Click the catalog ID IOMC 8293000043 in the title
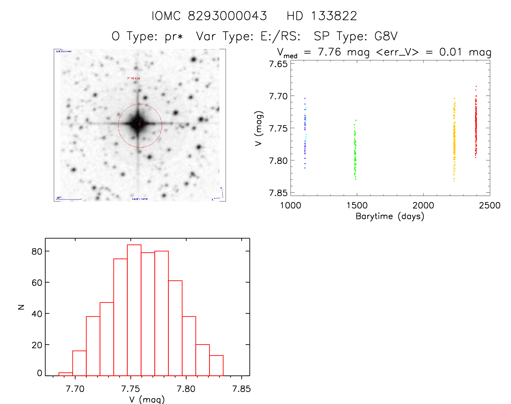pyautogui.click(x=209, y=16)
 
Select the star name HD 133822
pyautogui.click(x=322, y=16)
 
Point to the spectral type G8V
pyautogui.click(x=386, y=36)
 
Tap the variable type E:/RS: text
pyautogui.click(x=280, y=36)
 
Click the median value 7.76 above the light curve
pyautogui.click(x=329, y=52)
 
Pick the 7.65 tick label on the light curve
pyautogui.click(x=278, y=64)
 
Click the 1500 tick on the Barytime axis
pyautogui.click(x=357, y=206)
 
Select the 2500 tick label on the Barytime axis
pyautogui.click(x=489, y=206)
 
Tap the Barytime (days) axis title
pyautogui.click(x=390, y=216)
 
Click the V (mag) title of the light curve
pyautogui.click(x=259, y=128)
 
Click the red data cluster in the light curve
pyautogui.click(x=476, y=124)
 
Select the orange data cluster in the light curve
pyautogui.click(x=454, y=141)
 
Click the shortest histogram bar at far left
pyautogui.click(x=66, y=374)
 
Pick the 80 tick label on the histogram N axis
pyautogui.click(x=37, y=251)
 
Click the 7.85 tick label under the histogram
pyautogui.click(x=241, y=389)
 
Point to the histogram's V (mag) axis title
pyautogui.click(x=147, y=399)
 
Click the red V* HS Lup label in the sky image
pyautogui.click(x=134, y=78)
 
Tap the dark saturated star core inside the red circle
pyautogui.click(x=138, y=124)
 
